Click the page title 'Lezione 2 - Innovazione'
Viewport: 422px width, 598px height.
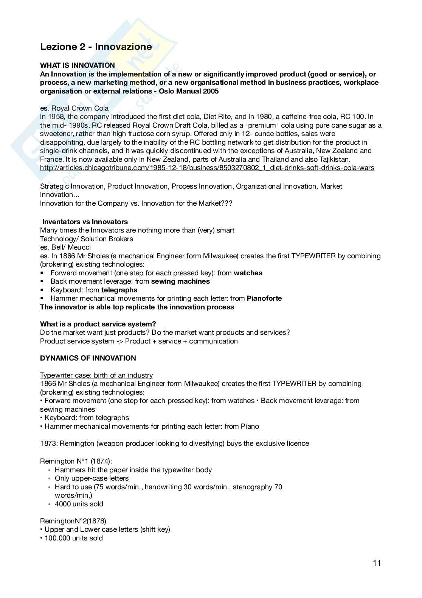pos(96,47)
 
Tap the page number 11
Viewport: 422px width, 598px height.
pos(377,563)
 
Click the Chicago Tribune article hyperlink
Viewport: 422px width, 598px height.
pos(207,168)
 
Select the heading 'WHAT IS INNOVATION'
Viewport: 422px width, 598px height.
pos(78,66)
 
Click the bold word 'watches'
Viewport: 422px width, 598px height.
pos(248,273)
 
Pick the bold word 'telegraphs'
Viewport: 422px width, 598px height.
pos(119,290)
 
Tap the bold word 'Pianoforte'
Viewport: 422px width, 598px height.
pos(264,298)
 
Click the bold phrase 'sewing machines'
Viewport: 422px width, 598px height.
pos(180,281)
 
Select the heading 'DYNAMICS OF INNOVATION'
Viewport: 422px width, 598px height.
pos(88,358)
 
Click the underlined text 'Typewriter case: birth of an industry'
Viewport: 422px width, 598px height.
pos(96,375)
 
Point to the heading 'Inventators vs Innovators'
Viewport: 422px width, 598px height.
pos(85,222)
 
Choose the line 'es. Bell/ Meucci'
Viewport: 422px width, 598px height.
pos(65,247)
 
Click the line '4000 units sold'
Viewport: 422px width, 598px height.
pos(79,504)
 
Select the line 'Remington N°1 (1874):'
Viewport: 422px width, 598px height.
pos(76,461)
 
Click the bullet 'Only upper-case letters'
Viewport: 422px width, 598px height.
pos(92,478)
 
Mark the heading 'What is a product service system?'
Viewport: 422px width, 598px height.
pos(98,324)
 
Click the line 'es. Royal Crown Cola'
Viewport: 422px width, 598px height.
pos(74,108)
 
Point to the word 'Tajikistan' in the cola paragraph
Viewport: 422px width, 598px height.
pos(334,159)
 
